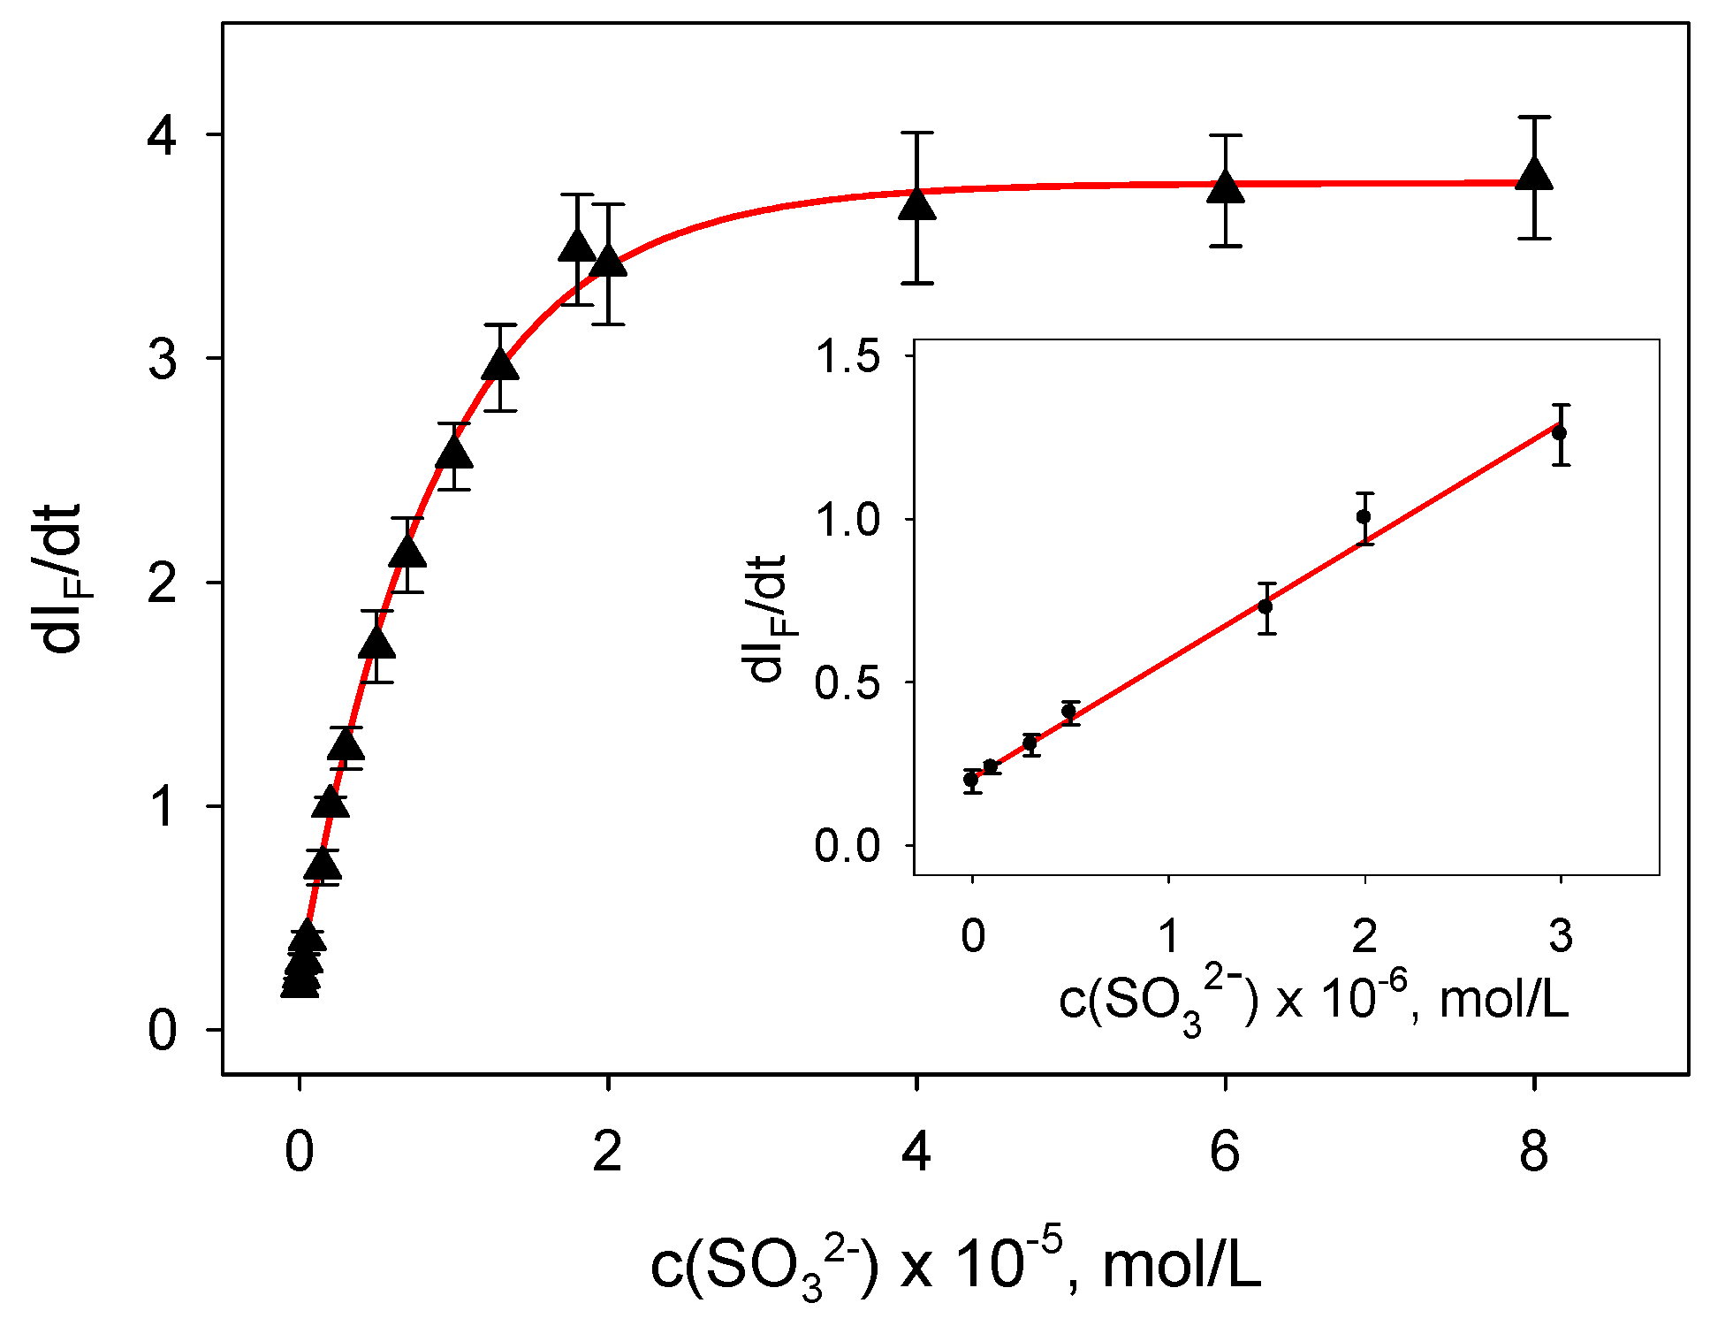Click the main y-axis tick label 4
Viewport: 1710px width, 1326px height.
pyautogui.click(x=162, y=135)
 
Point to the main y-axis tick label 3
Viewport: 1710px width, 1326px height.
pyautogui.click(x=162, y=359)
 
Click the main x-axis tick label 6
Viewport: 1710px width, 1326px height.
pyautogui.click(x=1225, y=1152)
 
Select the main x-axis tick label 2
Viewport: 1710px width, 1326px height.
pyautogui.click(x=607, y=1152)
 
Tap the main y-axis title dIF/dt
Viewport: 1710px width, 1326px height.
pyautogui.click(x=62, y=579)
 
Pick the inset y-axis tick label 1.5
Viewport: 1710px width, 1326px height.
pyautogui.click(x=847, y=356)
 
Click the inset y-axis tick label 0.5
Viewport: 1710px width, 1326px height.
pyautogui.click(x=847, y=683)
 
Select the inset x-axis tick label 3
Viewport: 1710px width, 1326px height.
pyautogui.click(x=1561, y=935)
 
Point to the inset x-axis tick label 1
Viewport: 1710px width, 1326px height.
pyautogui.click(x=1168, y=935)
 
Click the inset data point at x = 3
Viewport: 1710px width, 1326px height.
pyautogui.click(x=1560, y=433)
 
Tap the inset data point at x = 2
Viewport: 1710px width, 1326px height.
pyautogui.click(x=1364, y=516)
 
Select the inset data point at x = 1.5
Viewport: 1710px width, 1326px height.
pyautogui.click(x=1265, y=606)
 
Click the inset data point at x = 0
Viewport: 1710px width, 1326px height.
pyautogui.click(x=972, y=780)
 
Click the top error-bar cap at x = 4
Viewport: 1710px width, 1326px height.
pyautogui.click(x=917, y=133)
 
